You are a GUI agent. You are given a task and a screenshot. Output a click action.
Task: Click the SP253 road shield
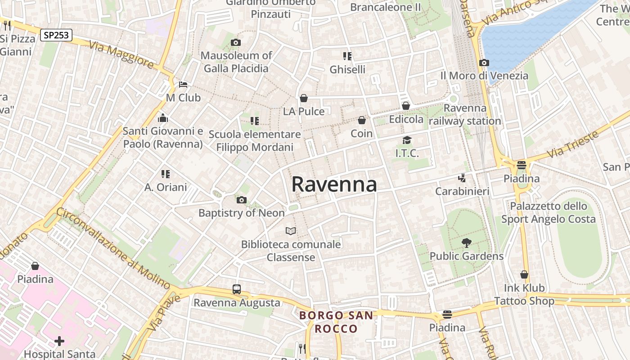tap(56, 35)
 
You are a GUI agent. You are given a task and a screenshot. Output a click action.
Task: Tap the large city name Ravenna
tap(334, 184)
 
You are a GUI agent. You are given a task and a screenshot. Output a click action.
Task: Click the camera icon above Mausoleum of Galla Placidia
tap(235, 43)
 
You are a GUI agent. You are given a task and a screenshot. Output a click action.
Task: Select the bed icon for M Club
tap(183, 85)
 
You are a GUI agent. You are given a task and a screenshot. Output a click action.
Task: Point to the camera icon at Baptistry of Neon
tap(242, 200)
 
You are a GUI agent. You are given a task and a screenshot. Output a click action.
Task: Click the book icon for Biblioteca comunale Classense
tap(291, 231)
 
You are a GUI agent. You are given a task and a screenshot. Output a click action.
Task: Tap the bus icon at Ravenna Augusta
tap(237, 289)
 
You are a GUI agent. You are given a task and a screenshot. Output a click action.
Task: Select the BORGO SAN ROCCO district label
tap(336, 322)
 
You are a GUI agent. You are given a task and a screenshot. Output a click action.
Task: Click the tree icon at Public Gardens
tap(467, 243)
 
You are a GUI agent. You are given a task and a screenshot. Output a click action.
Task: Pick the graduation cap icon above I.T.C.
tap(407, 140)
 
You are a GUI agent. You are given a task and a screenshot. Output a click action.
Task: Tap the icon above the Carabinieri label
tap(462, 178)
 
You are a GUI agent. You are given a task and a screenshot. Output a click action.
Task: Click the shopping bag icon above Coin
tap(362, 121)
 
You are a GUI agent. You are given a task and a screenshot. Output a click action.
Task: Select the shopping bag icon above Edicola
tap(406, 106)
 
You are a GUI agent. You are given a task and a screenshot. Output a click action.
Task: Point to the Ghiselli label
tap(347, 69)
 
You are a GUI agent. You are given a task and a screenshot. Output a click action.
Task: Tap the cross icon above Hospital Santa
tap(59, 341)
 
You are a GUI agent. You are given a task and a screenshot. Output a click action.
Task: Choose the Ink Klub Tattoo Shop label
tap(524, 294)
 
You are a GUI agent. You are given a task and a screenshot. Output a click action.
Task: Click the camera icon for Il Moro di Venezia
tap(484, 63)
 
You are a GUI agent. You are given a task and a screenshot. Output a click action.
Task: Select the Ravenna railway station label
tap(465, 115)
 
